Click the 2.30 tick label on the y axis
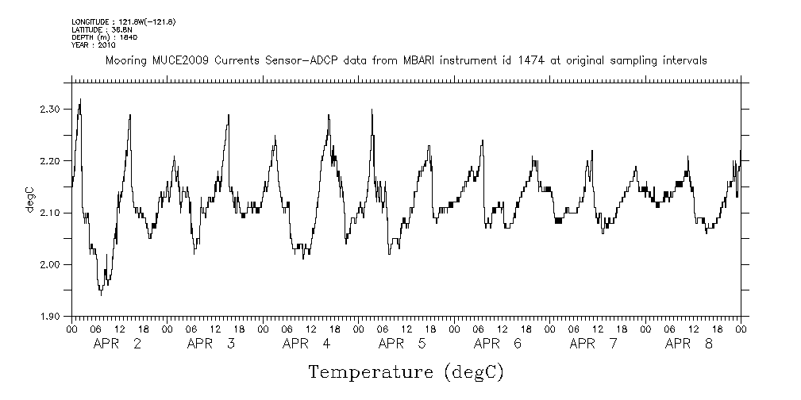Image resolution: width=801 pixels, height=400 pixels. click(49, 109)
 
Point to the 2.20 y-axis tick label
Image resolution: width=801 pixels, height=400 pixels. click(49, 160)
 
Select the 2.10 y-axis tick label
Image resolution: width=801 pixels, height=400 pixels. click(49, 213)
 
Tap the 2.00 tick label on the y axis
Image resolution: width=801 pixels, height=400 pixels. click(49, 264)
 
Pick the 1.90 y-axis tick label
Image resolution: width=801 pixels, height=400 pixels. click(49, 317)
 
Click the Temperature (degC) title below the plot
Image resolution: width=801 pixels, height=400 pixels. click(406, 371)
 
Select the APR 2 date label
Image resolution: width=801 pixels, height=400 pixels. click(117, 344)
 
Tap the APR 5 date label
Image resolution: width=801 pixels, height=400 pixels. click(402, 344)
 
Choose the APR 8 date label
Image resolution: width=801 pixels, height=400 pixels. click(688, 344)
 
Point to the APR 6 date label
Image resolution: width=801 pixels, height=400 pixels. click(498, 344)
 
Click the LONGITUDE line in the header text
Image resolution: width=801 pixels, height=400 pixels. click(123, 21)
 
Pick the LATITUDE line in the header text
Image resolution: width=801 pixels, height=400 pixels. click(101, 29)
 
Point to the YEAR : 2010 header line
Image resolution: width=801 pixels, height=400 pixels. click(94, 44)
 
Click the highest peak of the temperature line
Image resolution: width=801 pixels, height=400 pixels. click(80, 100)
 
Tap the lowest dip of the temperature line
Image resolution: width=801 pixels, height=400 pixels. click(101, 294)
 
